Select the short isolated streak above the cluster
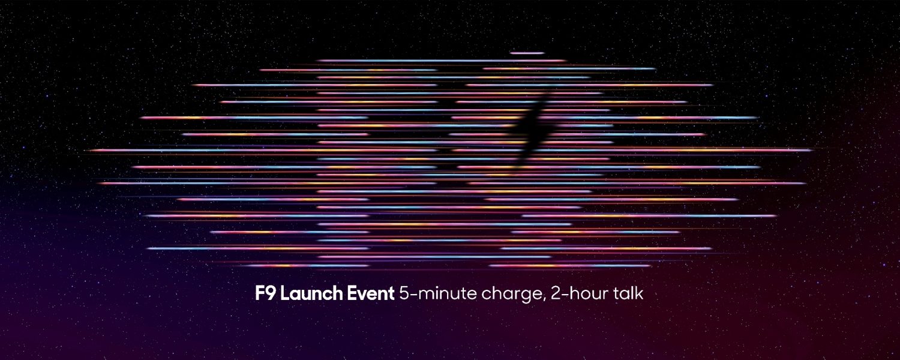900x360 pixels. click(527, 53)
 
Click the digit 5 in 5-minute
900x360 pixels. click(404, 294)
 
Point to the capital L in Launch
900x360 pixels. click(284, 294)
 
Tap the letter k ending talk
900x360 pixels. click(639, 294)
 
